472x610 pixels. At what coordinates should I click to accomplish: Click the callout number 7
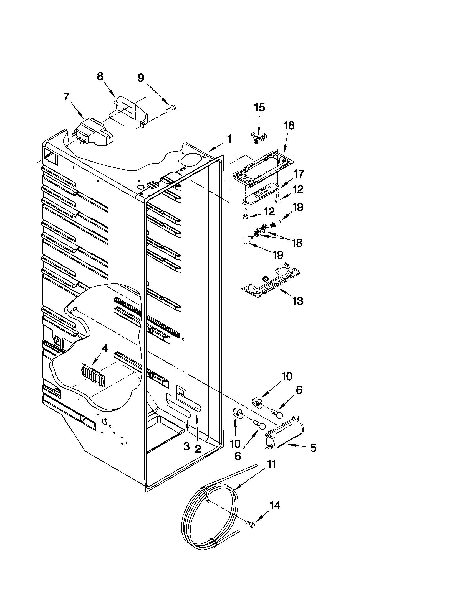[x=66, y=97]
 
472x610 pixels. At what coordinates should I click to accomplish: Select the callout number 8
[x=100, y=76]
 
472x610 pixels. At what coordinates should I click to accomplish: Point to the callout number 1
[x=229, y=139]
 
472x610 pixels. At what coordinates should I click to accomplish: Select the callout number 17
[x=299, y=174]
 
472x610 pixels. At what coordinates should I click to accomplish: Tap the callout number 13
[x=297, y=301]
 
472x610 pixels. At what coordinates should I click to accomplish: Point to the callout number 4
[x=104, y=348]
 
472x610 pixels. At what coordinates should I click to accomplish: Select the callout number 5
[x=313, y=448]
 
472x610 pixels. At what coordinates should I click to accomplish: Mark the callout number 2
[x=198, y=449]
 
